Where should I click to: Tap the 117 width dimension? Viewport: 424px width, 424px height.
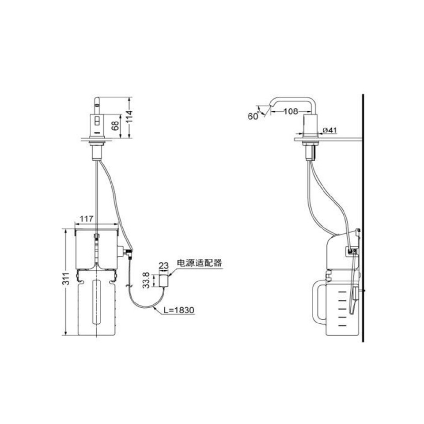coord(87,219)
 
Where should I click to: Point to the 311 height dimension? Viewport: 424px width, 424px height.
coord(66,279)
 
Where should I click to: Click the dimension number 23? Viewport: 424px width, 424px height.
coord(163,265)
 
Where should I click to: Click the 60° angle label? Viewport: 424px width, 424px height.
coord(253,116)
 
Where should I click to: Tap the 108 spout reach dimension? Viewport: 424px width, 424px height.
coord(290,112)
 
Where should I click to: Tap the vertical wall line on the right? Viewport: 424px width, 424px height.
coord(362,221)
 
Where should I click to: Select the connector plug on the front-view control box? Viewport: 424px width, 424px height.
coord(129,254)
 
